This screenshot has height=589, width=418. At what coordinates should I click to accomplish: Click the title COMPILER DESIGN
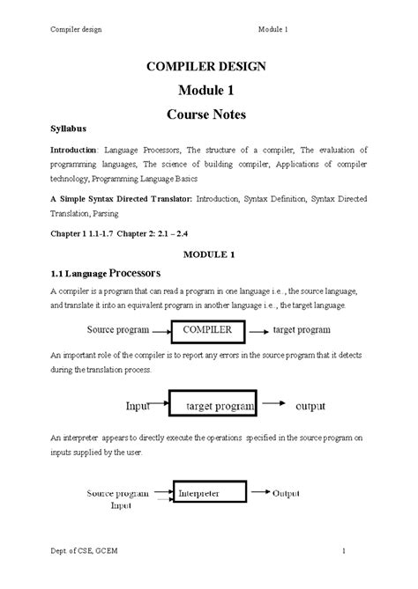pos(210,66)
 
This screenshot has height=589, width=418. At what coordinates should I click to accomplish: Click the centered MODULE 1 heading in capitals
pos(208,254)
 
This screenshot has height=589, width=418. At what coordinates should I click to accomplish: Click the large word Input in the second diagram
pos(138,408)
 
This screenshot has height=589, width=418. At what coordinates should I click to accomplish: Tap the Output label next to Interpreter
pos(289,493)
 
